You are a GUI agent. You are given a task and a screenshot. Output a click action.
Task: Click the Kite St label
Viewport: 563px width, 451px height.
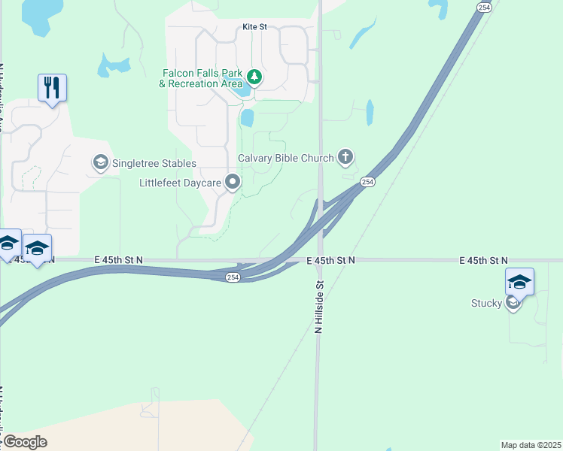coord(254,27)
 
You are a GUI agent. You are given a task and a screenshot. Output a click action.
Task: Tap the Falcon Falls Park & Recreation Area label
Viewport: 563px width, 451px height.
coord(201,78)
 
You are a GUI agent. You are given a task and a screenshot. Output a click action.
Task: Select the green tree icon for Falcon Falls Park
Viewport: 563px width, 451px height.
coord(254,77)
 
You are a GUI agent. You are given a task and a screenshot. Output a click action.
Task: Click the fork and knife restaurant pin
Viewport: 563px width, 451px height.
coord(52,88)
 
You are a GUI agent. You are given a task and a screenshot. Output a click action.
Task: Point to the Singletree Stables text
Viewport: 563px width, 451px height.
coord(154,163)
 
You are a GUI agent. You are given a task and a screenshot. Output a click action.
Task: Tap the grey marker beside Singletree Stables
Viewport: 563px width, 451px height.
coord(100,162)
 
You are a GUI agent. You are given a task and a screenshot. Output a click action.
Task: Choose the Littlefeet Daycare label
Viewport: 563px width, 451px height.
coord(181,182)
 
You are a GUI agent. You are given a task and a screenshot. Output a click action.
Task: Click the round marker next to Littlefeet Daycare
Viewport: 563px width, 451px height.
coord(234,182)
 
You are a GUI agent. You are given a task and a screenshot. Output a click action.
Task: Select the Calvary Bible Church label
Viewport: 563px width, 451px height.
coord(285,158)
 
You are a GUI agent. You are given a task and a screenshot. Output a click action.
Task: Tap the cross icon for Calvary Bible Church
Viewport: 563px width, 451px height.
coord(345,157)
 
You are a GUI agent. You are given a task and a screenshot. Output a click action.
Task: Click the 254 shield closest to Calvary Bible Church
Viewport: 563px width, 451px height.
coord(367,182)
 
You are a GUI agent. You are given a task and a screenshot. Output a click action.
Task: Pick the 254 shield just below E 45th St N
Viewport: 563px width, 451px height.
coord(233,277)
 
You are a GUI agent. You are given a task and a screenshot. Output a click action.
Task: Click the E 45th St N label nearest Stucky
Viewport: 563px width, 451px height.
coord(483,260)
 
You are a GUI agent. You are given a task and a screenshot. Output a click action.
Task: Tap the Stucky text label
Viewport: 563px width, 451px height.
coord(485,304)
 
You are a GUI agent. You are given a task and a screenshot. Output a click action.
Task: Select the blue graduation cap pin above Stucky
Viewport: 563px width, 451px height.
coord(519,283)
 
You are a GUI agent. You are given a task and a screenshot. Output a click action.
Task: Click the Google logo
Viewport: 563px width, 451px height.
coord(24,442)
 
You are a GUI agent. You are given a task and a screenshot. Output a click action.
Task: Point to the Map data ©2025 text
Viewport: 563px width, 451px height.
coord(531,444)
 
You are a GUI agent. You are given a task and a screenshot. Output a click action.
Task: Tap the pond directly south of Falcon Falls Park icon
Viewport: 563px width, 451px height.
coord(247,118)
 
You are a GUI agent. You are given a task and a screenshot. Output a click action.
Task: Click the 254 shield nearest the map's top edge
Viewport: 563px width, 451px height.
coord(485,7)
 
